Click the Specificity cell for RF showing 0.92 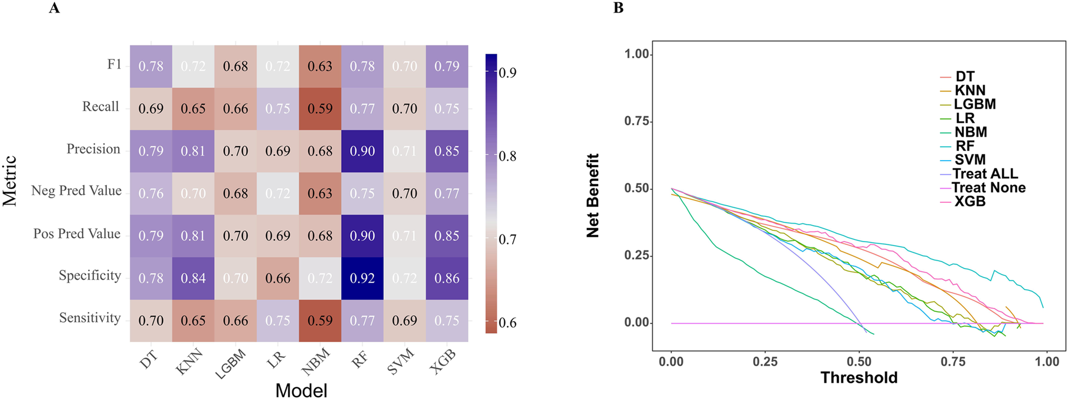pos(362,278)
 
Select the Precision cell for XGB pos(447,151)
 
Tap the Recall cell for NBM pos(320,108)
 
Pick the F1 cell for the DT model pos(151,66)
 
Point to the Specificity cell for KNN pos(193,278)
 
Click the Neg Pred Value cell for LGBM pos(235,193)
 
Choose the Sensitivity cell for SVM pos(404,321)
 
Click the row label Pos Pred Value pos(76,234)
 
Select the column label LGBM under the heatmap pos(231,364)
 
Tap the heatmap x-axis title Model pos(301,390)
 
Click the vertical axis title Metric pos(10,181)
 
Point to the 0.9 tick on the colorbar pos(508,73)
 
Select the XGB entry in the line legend pos(970,201)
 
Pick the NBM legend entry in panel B pos(970,132)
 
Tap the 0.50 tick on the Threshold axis pos(859,361)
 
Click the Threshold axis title pos(858,378)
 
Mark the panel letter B pos(618,8)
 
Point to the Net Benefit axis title pos(593,195)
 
